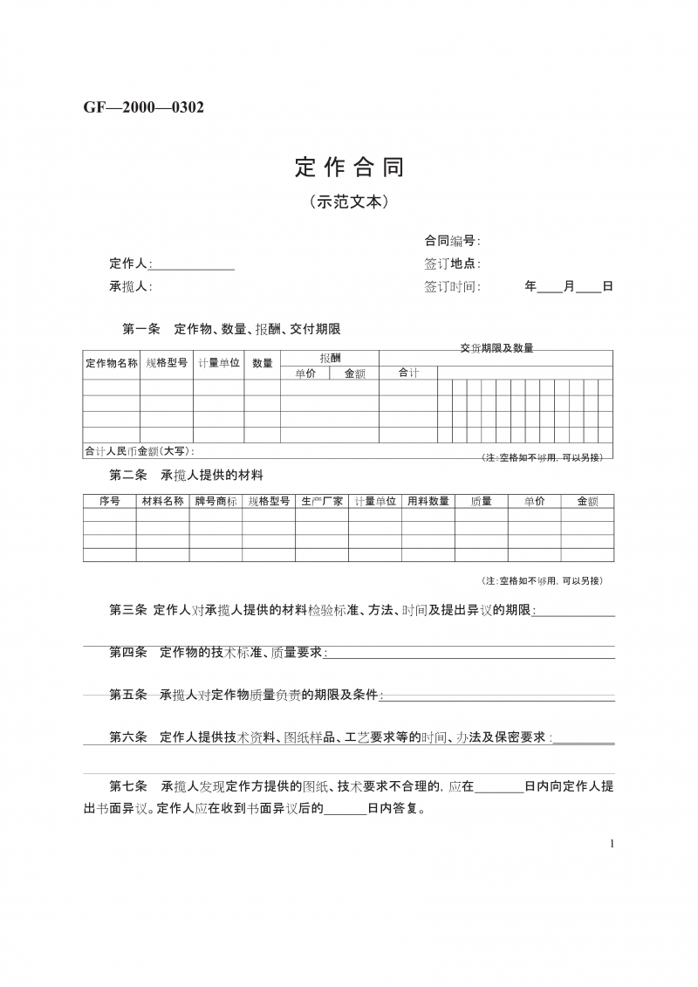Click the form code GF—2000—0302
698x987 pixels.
tap(144, 107)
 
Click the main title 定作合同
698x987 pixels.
tap(349, 166)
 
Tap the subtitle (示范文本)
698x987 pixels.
tap(348, 202)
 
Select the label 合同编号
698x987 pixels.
tap(450, 241)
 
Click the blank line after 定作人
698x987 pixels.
tap(193, 264)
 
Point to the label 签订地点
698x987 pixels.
tap(450, 264)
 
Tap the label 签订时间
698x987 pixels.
tap(450, 286)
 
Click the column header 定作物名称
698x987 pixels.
tap(112, 363)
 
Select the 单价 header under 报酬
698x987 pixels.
tap(305, 374)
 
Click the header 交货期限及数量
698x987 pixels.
tap(496, 348)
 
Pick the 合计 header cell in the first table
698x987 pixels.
tap(408, 374)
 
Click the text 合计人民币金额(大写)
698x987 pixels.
tap(140, 451)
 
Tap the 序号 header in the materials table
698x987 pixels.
tap(110, 501)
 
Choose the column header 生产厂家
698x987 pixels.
tap(322, 501)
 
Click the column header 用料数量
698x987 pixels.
tap(428, 501)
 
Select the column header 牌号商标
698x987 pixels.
tap(216, 501)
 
